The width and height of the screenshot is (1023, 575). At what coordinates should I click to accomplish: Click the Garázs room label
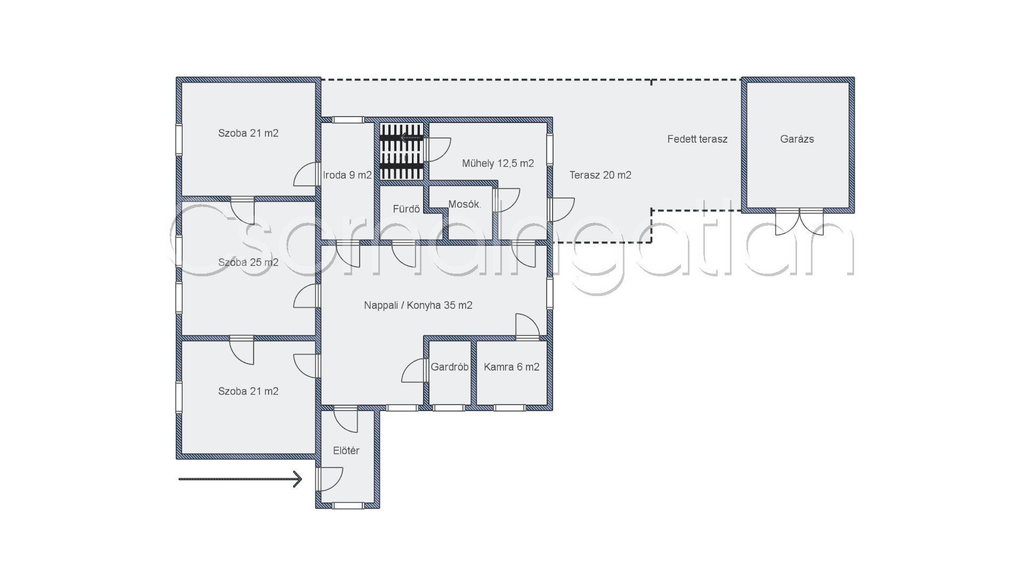pyautogui.click(x=797, y=139)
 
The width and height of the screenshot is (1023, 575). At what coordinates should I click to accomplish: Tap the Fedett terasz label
pyautogui.click(x=697, y=139)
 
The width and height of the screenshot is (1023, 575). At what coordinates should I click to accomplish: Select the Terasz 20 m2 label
pyautogui.click(x=600, y=175)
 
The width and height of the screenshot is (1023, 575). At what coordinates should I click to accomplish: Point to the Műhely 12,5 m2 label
pyautogui.click(x=498, y=163)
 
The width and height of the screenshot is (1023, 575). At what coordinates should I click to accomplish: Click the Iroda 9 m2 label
pyautogui.click(x=347, y=175)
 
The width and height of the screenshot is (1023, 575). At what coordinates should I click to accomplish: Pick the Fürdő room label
pyautogui.click(x=407, y=209)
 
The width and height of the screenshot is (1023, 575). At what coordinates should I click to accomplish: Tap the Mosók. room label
pyautogui.click(x=465, y=204)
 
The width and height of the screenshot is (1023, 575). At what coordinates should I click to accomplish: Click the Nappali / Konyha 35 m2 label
pyautogui.click(x=418, y=305)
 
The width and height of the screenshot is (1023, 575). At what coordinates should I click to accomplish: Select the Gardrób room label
pyautogui.click(x=450, y=367)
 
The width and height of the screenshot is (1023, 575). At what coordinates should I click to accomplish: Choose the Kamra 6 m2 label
pyautogui.click(x=511, y=367)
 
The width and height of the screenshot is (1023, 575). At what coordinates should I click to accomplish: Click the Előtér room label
pyautogui.click(x=346, y=451)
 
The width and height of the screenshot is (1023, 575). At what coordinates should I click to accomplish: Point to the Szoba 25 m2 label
pyautogui.click(x=248, y=262)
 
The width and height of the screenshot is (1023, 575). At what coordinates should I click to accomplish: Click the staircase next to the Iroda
pyautogui.click(x=402, y=152)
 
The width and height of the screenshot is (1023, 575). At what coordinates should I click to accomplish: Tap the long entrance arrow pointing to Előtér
pyautogui.click(x=240, y=479)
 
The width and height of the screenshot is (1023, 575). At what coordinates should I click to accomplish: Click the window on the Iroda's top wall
pyautogui.click(x=348, y=120)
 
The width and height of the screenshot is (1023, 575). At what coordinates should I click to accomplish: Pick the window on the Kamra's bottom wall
pyautogui.click(x=510, y=408)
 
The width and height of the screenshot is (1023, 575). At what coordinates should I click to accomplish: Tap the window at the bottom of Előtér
pyautogui.click(x=348, y=505)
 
